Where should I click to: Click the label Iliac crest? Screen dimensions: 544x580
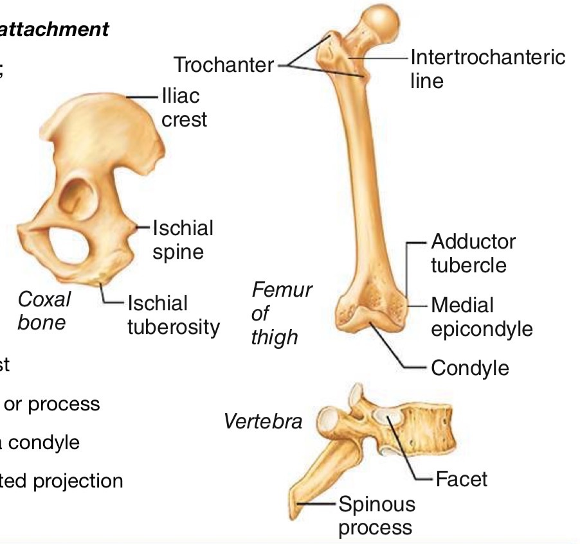click(184, 107)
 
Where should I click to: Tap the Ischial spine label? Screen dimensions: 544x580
click(182, 239)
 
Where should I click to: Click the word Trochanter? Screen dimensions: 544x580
click(222, 64)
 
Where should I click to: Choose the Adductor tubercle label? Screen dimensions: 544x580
click(473, 253)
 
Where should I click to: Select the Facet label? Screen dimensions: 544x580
click(461, 478)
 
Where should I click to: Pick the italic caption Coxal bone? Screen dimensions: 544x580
click(43, 310)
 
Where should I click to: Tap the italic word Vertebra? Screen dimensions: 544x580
click(262, 421)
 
